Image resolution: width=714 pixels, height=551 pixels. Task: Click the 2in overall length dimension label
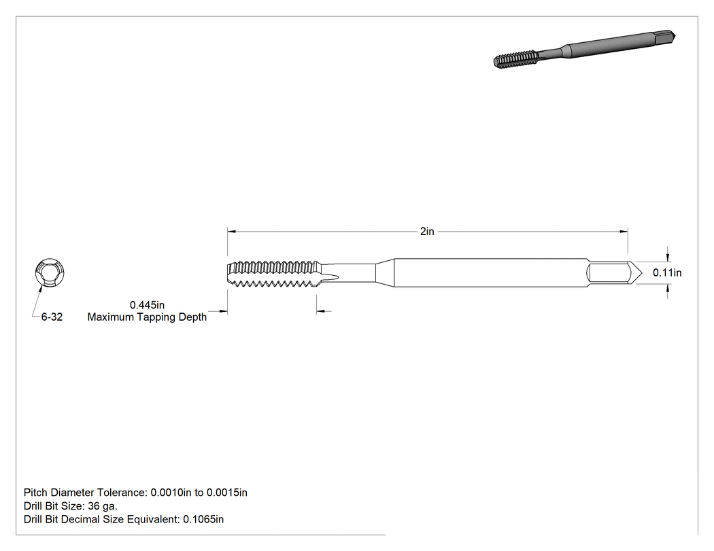427,231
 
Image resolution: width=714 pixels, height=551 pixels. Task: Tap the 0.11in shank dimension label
667,272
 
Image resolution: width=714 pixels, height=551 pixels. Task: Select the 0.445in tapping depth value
147,305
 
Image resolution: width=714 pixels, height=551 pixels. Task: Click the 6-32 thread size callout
52,317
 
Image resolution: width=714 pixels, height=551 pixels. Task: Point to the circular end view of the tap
50,272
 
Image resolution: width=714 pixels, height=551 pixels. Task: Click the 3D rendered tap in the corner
584,50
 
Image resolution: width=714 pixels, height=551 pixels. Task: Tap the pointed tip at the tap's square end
642,273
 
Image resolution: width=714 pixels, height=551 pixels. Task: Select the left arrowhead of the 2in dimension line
231,232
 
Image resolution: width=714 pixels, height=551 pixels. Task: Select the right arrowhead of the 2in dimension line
624,232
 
